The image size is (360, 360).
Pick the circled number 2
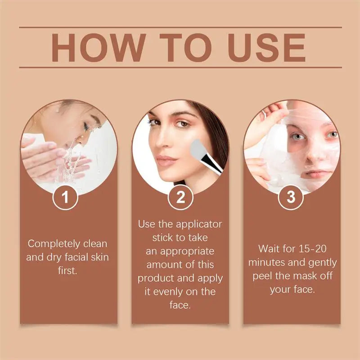180,198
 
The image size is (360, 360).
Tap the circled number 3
291,198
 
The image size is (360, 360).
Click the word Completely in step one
50,244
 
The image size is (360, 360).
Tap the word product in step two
158,278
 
